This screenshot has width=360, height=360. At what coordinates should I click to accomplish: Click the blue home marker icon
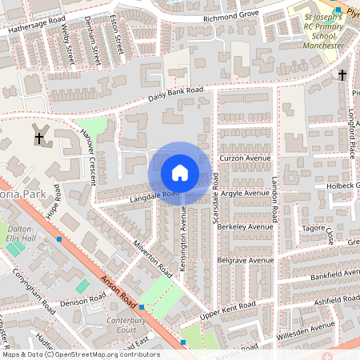tap(180, 173)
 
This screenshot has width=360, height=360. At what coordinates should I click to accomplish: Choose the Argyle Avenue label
tap(245, 193)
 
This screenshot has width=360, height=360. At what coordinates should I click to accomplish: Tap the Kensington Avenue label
tap(183, 238)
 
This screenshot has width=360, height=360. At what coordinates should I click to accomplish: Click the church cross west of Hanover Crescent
tap(39, 138)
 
